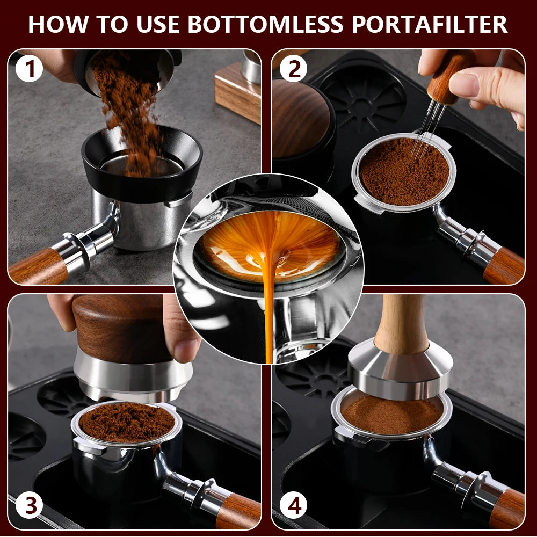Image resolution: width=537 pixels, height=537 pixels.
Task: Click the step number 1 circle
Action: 30,68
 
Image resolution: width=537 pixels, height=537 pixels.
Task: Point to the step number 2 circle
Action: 293,68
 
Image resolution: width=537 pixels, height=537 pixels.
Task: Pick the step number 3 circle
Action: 30,506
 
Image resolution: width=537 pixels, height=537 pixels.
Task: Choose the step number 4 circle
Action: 293,506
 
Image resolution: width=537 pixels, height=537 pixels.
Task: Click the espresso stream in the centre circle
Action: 269,301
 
